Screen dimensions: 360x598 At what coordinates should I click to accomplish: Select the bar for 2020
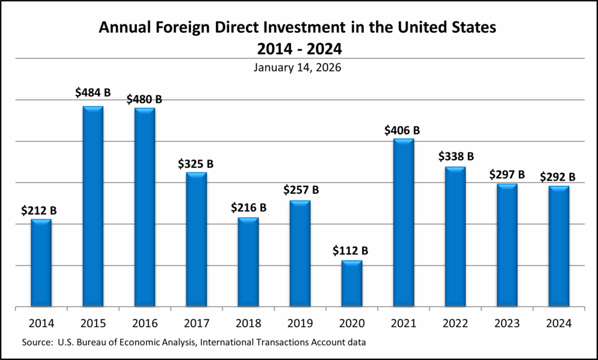352,283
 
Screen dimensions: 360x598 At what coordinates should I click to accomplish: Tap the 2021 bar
404,222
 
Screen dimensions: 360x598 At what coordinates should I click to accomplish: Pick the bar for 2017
196,239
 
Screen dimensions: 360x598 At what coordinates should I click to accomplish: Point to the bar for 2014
41,262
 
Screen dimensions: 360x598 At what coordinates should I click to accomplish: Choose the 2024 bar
559,246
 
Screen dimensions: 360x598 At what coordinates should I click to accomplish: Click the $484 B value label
93,93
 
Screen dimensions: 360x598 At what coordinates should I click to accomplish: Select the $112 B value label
350,250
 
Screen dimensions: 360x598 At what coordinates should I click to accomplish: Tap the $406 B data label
402,130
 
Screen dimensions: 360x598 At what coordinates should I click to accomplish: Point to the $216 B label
248,207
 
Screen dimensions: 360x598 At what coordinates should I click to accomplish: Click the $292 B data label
558,176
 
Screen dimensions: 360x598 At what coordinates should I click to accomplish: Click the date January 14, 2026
297,67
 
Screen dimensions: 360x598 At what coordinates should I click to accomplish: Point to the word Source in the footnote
36,341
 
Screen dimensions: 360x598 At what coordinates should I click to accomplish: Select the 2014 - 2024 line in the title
297,46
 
